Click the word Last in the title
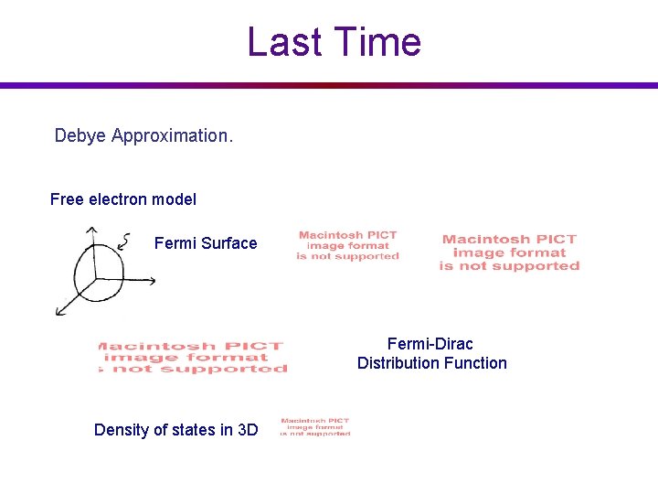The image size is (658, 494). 284,42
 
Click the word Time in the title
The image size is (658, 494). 375,42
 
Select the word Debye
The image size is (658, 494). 80,136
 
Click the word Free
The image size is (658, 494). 66,199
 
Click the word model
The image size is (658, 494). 175,199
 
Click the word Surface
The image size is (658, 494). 229,243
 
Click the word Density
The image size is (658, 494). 122,430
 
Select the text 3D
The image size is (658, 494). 247,430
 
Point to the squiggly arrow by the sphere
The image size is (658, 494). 124,241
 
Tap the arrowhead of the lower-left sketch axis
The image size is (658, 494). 59,313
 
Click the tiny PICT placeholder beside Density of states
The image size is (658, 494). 315,426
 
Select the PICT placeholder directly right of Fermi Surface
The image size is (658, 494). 348,246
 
